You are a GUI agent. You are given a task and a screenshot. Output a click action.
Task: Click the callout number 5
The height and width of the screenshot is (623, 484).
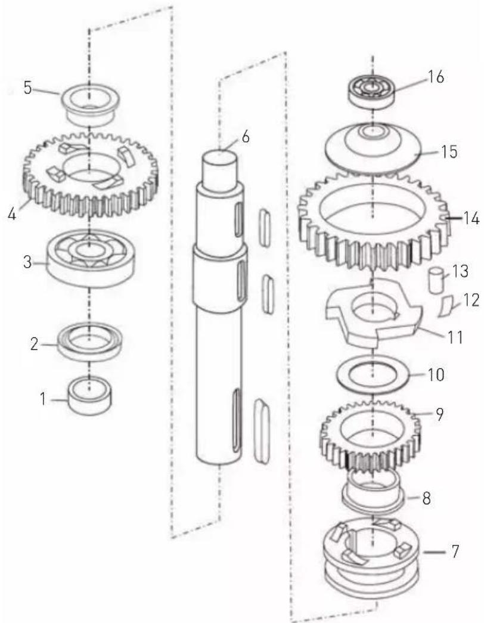click(x=27, y=88)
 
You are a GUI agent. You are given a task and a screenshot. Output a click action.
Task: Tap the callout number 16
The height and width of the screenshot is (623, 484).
click(x=435, y=77)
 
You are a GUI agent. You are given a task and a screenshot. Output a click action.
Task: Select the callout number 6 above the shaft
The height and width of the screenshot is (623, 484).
click(x=246, y=138)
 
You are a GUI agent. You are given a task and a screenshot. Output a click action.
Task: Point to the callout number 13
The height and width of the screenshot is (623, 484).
click(x=460, y=271)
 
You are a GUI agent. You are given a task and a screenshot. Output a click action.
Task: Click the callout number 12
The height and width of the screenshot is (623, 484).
click(x=471, y=300)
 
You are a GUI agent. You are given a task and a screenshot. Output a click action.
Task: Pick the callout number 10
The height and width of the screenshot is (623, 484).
click(x=436, y=374)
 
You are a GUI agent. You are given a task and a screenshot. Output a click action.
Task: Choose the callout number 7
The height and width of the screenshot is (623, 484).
click(x=455, y=551)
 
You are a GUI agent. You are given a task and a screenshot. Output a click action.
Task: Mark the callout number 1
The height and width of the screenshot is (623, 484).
click(x=44, y=398)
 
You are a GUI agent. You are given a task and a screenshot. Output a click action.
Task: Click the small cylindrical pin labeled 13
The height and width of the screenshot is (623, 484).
click(x=436, y=281)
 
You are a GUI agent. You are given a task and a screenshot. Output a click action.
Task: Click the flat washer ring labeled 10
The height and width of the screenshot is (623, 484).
click(x=373, y=375)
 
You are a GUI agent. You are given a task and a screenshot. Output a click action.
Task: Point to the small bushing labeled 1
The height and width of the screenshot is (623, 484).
click(x=89, y=395)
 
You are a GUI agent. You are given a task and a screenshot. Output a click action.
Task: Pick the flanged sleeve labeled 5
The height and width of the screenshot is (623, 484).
click(x=89, y=104)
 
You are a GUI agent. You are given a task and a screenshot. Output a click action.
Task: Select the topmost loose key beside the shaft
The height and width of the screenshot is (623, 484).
click(x=265, y=226)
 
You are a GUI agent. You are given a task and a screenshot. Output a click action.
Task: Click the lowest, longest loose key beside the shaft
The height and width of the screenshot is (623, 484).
click(x=262, y=430)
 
